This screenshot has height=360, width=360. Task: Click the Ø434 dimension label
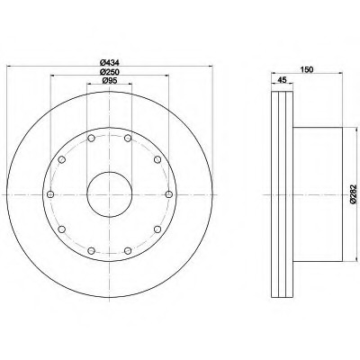(110, 63)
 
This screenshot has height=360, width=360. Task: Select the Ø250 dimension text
(110, 72)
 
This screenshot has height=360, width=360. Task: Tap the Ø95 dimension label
(110, 80)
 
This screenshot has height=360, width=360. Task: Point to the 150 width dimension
(307, 69)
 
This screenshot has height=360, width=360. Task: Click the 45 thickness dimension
(282, 80)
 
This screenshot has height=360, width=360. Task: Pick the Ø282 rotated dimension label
(354, 194)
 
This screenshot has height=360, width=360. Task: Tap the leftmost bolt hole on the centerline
(50, 194)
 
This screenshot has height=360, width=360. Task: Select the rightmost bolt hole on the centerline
(169, 194)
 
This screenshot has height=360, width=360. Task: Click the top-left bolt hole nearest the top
(92, 139)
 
